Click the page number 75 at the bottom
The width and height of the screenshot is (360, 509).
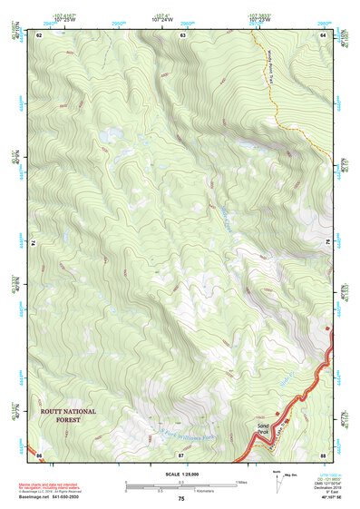(181, 499)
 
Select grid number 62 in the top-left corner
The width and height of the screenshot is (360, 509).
(39, 34)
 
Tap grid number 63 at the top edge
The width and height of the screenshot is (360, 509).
(182, 34)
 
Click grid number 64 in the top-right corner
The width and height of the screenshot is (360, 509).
(323, 34)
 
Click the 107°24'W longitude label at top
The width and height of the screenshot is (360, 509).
(163, 19)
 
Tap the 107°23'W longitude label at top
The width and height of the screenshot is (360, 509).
(261, 19)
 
